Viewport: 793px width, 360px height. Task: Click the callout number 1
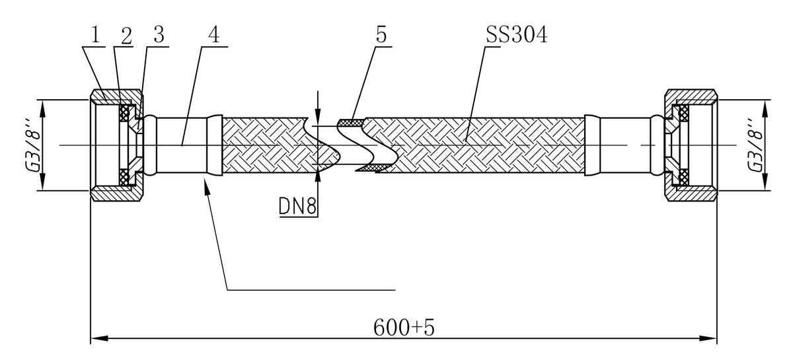click(96, 36)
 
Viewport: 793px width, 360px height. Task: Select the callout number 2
click(126, 36)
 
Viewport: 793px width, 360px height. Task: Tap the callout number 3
click(159, 35)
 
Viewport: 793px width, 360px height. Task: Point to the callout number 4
click(214, 35)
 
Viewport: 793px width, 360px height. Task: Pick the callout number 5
click(381, 35)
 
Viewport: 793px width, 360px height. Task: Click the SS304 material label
click(517, 35)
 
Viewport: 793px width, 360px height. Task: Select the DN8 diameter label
click(297, 205)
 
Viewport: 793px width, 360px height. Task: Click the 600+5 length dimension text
click(404, 327)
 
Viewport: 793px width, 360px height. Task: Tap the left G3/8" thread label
click(32, 145)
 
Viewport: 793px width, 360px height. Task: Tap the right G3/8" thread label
click(755, 145)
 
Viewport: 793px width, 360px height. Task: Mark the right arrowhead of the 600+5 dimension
click(708, 338)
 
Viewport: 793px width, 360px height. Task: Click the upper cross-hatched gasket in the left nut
click(124, 113)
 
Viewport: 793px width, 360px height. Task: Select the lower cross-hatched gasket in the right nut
click(684, 176)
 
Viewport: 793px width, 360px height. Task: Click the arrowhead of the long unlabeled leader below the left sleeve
click(206, 186)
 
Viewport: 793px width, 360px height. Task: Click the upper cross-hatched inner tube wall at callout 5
click(351, 122)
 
